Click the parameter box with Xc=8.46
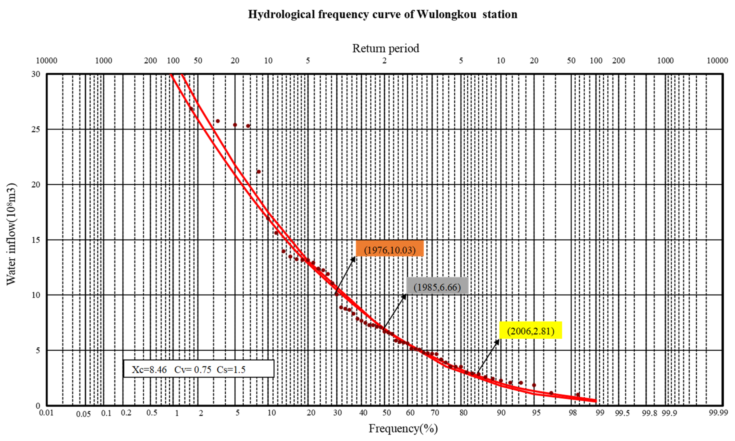tap(198, 369)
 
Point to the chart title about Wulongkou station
tap(383, 14)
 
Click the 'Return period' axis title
tap(386, 48)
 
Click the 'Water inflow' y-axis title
tap(11, 234)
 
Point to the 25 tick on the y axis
tap(36, 129)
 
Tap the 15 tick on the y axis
tap(36, 240)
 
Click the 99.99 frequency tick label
tap(718, 413)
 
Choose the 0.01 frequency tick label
tap(46, 413)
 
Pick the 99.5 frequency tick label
tap(622, 413)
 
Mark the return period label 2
tap(384, 61)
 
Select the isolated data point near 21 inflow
tap(259, 172)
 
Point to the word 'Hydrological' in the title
tap(281, 14)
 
